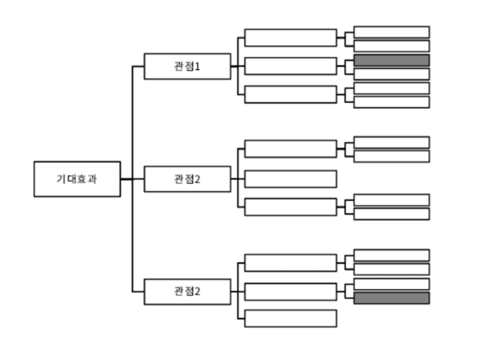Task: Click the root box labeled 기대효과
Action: (76, 178)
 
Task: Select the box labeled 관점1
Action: (187, 66)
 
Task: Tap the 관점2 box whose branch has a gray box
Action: (187, 291)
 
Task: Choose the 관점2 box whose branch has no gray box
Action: (187, 178)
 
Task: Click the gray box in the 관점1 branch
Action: (391, 60)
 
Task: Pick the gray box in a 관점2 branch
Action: (391, 298)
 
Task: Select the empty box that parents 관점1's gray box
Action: (291, 66)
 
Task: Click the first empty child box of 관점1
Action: (291, 38)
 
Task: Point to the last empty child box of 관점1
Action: (291, 94)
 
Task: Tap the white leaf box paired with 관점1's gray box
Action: (391, 74)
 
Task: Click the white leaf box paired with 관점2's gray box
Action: (391, 284)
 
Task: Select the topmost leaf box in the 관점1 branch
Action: (391, 32)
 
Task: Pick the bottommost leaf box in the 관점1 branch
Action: (391, 102)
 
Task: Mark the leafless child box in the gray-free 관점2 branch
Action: (291, 178)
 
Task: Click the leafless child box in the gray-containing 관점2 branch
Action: (291, 318)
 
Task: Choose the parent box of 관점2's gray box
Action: (291, 291)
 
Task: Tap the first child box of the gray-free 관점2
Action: (291, 149)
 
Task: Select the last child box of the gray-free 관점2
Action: (291, 207)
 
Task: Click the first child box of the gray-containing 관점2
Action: (291, 263)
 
